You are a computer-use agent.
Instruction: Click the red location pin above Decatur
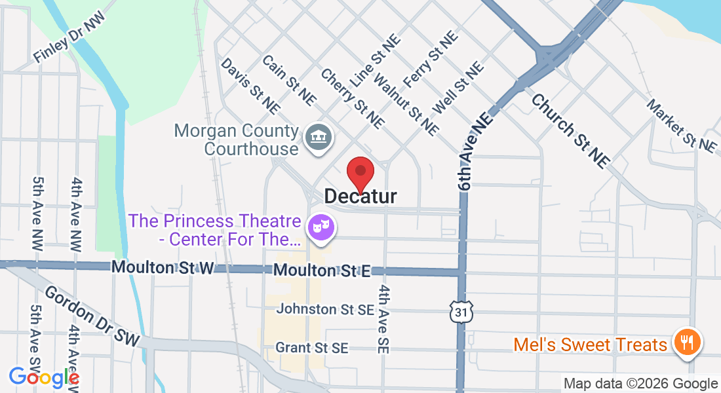pyautogui.click(x=360, y=173)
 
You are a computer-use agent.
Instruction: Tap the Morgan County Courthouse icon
pyautogui.click(x=320, y=138)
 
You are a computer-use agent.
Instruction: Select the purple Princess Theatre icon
pyautogui.click(x=321, y=228)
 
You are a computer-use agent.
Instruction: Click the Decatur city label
pyautogui.click(x=360, y=196)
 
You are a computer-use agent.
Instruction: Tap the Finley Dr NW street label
pyautogui.click(x=69, y=45)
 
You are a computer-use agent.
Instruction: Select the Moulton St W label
pyautogui.click(x=163, y=268)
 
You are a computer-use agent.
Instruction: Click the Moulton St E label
pyautogui.click(x=322, y=270)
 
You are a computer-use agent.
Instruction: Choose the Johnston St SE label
pyautogui.click(x=325, y=309)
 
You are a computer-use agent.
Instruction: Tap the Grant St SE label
pyautogui.click(x=312, y=348)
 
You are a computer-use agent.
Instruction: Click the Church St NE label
pyautogui.click(x=571, y=130)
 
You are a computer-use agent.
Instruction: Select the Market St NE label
pyautogui.click(x=682, y=126)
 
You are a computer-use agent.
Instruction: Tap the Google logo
pyautogui.click(x=43, y=377)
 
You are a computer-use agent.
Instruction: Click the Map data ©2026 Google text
pyautogui.click(x=641, y=384)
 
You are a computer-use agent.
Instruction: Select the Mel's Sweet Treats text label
pyautogui.click(x=590, y=345)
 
